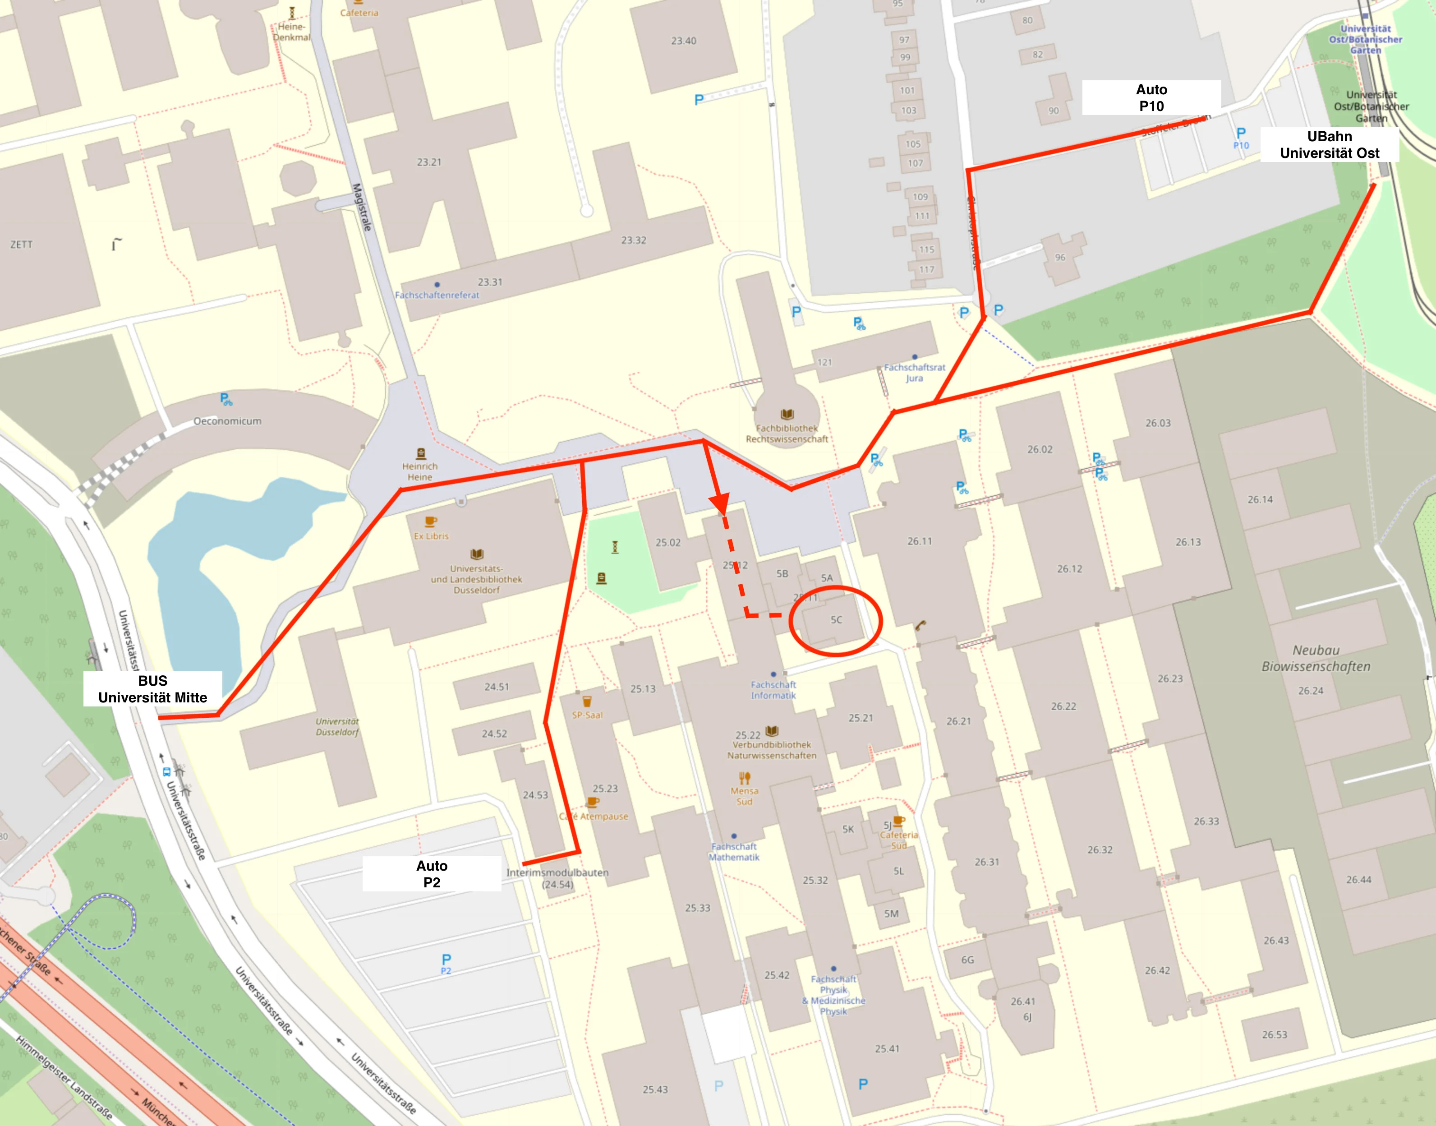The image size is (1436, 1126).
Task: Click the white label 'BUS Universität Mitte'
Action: click(x=152, y=689)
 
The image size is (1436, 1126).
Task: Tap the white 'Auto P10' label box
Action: click(x=1151, y=97)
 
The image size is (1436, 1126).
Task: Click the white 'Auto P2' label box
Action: click(x=432, y=873)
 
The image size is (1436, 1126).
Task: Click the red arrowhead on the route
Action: click(x=720, y=504)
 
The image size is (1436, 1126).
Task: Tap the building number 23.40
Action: click(x=683, y=41)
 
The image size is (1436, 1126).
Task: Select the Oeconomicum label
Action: click(x=227, y=420)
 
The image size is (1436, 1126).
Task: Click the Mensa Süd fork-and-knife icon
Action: click(x=745, y=777)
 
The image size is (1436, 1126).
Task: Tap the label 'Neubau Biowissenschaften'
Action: click(x=1316, y=658)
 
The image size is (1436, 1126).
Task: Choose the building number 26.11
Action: click(x=919, y=541)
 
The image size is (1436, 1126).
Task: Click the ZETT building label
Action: click(x=21, y=245)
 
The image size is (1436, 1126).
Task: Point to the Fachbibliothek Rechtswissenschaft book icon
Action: click(x=787, y=414)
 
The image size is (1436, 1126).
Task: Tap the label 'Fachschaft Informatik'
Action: click(x=773, y=690)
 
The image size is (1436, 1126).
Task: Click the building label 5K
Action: click(x=848, y=829)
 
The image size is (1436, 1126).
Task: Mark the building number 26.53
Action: click(x=1274, y=1034)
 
